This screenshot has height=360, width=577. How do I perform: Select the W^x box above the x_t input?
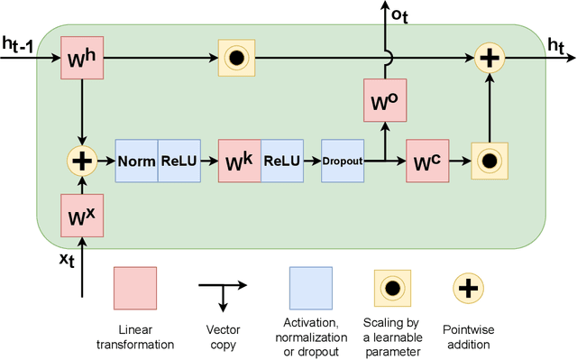(82, 216)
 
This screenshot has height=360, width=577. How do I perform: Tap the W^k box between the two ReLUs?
(240, 162)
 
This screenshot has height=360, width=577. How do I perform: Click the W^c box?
(428, 162)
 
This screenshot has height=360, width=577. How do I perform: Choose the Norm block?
(136, 162)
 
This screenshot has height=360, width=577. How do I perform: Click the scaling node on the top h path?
(236, 57)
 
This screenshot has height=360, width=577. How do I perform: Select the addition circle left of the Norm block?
(82, 162)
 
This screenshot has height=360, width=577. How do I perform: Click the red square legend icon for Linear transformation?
(134, 288)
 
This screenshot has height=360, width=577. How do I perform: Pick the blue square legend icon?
(311, 288)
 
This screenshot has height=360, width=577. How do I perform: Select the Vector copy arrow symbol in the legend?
(221, 289)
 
